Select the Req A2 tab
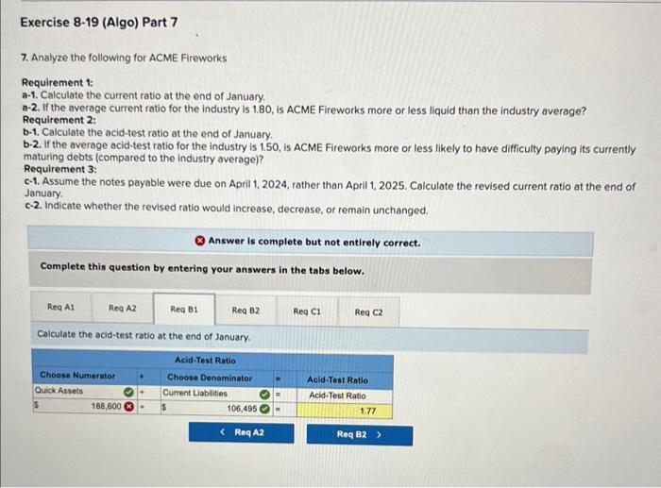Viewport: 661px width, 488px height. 122,308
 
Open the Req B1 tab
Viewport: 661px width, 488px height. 184,308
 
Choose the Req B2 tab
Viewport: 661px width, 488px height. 246,308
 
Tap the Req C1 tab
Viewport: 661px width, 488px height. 307,308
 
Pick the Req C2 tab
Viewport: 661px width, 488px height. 369,308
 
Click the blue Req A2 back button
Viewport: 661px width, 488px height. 243,433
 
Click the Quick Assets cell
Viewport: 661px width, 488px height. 76,392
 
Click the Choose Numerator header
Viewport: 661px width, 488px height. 76,377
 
